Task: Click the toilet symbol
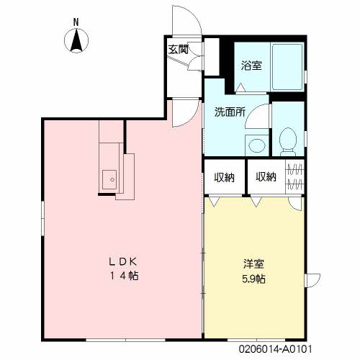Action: (x=288, y=142)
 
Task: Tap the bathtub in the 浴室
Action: (x=287, y=67)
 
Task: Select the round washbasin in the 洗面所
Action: (x=257, y=145)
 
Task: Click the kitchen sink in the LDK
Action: (x=109, y=179)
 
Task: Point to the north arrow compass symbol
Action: (x=76, y=40)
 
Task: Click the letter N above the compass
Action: (x=76, y=22)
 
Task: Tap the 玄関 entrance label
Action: (x=178, y=50)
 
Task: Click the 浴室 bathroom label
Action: (x=251, y=66)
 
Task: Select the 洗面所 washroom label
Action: (x=230, y=112)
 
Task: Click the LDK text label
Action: (x=123, y=261)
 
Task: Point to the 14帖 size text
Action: (x=124, y=276)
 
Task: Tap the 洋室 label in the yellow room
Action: (x=254, y=264)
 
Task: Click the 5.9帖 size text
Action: (x=253, y=279)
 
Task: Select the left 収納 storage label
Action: (x=224, y=177)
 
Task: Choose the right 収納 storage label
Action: (x=266, y=177)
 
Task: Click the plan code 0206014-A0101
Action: (x=275, y=349)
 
